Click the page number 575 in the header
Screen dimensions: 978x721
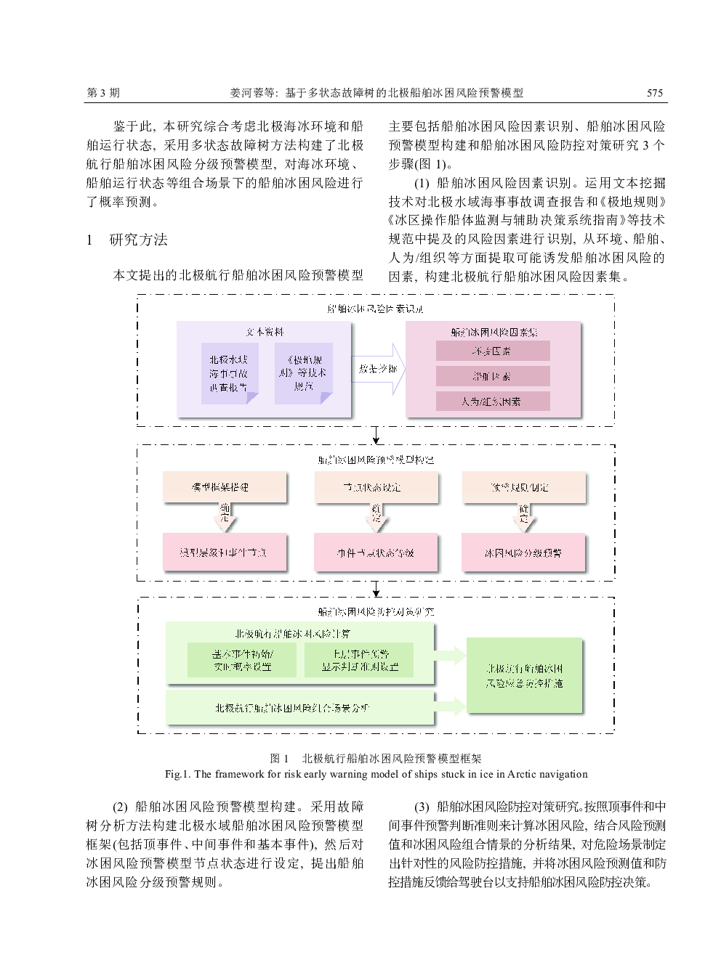pyautogui.click(x=654, y=93)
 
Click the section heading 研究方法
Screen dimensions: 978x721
pyautogui.click(x=138, y=240)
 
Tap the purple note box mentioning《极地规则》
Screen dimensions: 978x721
pyautogui.click(x=303, y=373)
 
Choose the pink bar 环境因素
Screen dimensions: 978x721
pyautogui.click(x=492, y=351)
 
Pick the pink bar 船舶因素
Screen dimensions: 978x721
pyautogui.click(x=492, y=376)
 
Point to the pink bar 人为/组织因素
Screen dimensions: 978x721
pyautogui.click(x=492, y=401)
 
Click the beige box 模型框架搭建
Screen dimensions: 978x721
pyautogui.click(x=224, y=487)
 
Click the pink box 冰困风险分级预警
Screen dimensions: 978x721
pyautogui.click(x=523, y=553)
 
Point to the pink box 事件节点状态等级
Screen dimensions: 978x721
pyautogui.click(x=375, y=553)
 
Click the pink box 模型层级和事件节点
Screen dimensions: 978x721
pyautogui.click(x=224, y=553)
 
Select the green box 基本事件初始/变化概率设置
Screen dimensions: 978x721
pyautogui.click(x=242, y=659)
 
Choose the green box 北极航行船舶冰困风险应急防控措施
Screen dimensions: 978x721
pyautogui.click(x=524, y=676)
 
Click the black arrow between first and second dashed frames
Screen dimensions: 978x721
pyautogui.click(x=376, y=436)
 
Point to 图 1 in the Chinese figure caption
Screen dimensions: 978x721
pyautogui.click(x=280, y=759)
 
